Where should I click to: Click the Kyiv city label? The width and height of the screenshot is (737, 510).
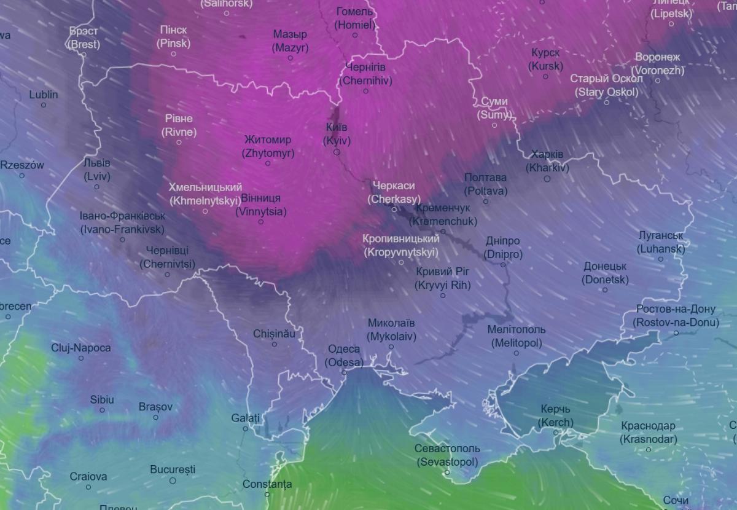click(x=337, y=134)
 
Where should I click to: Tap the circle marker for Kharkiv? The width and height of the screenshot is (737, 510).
click(x=547, y=179)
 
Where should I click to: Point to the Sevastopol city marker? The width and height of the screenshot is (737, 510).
click(x=447, y=473)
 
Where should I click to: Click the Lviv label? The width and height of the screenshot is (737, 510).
click(x=97, y=170)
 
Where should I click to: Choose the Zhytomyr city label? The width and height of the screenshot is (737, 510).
click(x=268, y=146)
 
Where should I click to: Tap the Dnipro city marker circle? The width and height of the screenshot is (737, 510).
click(x=503, y=265)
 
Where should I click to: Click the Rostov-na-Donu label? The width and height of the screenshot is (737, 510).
click(x=676, y=316)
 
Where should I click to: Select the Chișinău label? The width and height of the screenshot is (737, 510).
click(x=274, y=334)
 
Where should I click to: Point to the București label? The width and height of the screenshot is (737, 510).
click(x=173, y=469)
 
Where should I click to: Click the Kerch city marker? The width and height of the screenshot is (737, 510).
click(x=556, y=433)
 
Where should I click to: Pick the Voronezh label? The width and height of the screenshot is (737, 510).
click(x=658, y=63)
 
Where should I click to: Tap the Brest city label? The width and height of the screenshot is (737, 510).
click(x=84, y=37)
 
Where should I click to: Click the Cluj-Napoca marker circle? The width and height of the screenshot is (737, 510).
click(x=80, y=358)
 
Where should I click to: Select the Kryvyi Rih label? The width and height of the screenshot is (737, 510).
click(x=442, y=278)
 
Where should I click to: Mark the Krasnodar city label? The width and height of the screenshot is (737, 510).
click(x=648, y=433)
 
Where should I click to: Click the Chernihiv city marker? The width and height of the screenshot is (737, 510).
click(x=365, y=91)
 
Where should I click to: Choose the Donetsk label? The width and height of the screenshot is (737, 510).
click(x=605, y=273)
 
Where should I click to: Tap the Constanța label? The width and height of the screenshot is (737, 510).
click(x=267, y=484)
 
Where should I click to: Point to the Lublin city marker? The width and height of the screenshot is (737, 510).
click(x=44, y=105)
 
